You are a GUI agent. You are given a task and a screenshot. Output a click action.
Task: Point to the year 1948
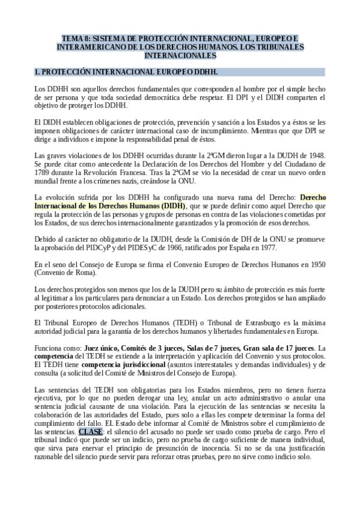(x=316, y=155)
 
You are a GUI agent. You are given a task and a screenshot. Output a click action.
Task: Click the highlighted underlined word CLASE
(x=91, y=432)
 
